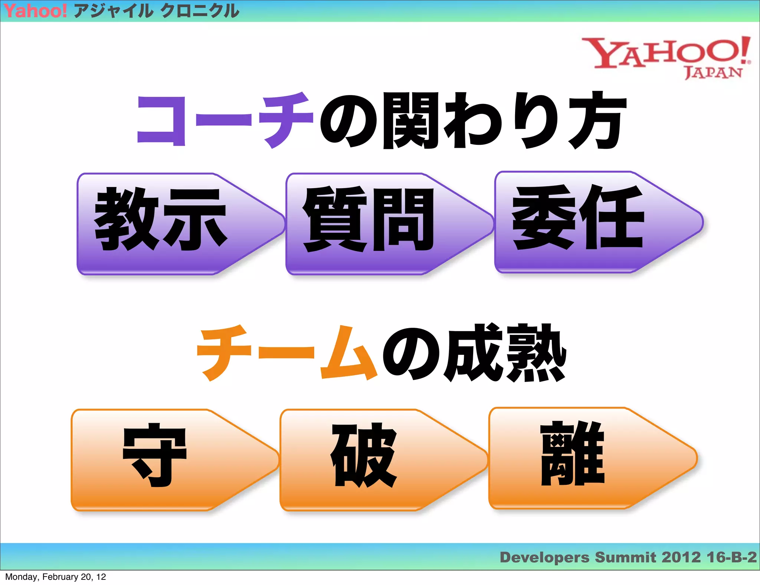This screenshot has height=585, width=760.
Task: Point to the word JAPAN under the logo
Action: click(713, 72)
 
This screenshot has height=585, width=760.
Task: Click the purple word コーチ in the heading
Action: click(225, 121)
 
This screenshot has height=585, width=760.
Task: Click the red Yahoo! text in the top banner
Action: click(35, 11)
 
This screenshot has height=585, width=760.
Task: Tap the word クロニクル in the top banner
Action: click(200, 11)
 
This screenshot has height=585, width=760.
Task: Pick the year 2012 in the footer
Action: click(681, 557)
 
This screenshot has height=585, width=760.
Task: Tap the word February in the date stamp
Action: click(60, 577)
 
